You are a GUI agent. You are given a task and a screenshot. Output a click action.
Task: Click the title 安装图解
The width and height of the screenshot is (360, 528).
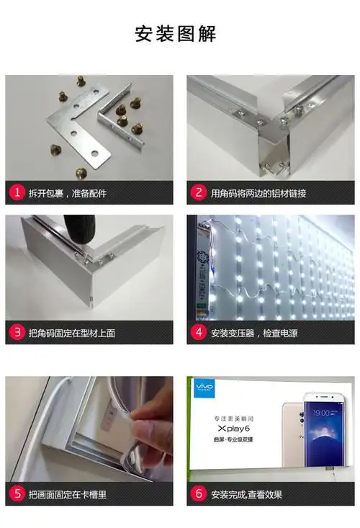[176, 34]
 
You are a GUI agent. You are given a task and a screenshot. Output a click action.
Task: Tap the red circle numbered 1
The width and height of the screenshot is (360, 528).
[17, 193]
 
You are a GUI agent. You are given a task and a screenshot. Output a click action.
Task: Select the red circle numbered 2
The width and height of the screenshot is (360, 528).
[199, 193]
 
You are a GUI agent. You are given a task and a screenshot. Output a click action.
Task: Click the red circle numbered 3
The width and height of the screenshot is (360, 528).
[17, 333]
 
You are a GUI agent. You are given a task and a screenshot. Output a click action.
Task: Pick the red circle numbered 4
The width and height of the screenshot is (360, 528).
[199, 333]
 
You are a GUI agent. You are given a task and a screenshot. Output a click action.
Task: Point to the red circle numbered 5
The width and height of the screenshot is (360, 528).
[17, 494]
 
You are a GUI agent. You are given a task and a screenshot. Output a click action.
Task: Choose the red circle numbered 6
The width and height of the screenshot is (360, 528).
[199, 494]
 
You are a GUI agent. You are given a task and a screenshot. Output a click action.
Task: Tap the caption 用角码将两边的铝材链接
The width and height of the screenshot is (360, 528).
[258, 193]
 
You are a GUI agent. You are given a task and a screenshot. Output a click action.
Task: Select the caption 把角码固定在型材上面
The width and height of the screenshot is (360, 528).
[72, 333]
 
